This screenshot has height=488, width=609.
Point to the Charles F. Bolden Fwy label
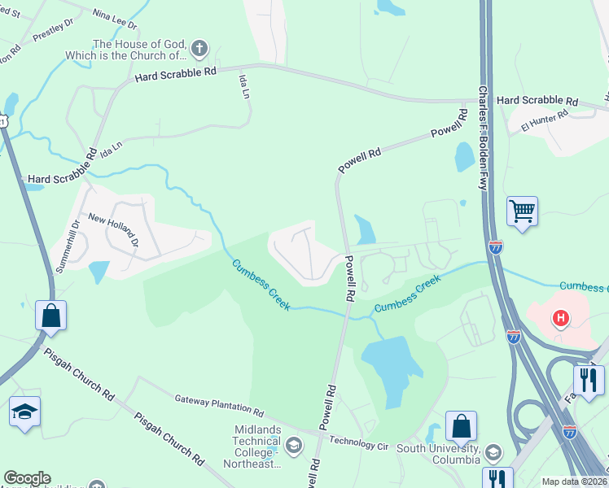[x=483, y=138]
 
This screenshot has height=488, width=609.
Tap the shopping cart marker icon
[x=521, y=212]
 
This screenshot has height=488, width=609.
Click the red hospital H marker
[x=560, y=318]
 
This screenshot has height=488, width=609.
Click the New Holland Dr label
[x=114, y=231]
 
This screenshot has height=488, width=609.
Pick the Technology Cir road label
[x=359, y=444]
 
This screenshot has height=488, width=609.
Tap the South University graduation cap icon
[x=492, y=451]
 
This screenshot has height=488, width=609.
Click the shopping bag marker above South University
[x=461, y=425]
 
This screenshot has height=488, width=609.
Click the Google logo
[x=27, y=478]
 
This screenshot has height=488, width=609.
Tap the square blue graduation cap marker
[x=24, y=412]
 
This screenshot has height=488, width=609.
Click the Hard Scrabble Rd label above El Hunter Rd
[x=537, y=101]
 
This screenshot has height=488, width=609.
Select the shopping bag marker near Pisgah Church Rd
[x=50, y=316]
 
